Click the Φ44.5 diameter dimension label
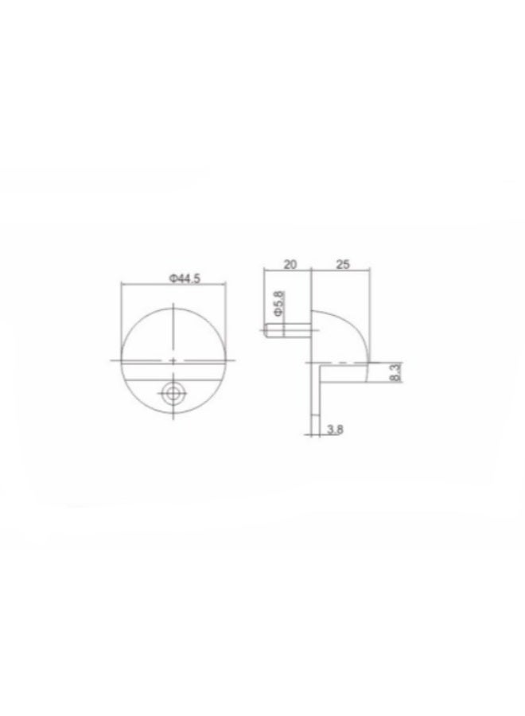pyautogui.click(x=185, y=278)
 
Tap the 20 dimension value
pyautogui.click(x=290, y=264)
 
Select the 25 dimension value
pyautogui.click(x=342, y=264)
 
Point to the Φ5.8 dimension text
pyautogui.click(x=278, y=304)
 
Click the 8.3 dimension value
pyautogui.click(x=395, y=372)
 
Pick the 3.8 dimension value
pyautogui.click(x=335, y=430)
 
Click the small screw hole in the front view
pyautogui.click(x=173, y=393)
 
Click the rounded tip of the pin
pyautogui.click(x=266, y=330)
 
